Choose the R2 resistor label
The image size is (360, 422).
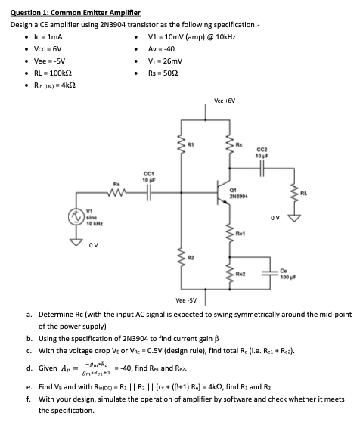pyautogui.click(x=191, y=258)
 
